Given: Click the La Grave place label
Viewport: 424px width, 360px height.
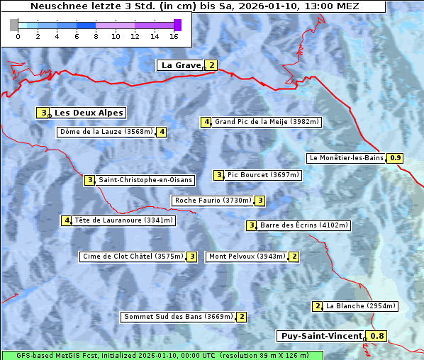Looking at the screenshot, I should pyautogui.click(x=181, y=65).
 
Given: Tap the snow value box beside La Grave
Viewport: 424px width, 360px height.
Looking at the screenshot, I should pyautogui.click(x=211, y=65).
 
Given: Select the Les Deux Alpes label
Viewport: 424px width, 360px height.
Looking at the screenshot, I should pyautogui.click(x=89, y=113).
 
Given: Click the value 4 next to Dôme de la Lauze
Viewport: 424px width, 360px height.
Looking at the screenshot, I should pyautogui.click(x=162, y=132).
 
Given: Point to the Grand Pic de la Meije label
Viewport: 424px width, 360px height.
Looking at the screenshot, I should pyautogui.click(x=267, y=122).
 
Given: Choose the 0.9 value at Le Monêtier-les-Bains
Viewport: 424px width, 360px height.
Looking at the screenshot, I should pyautogui.click(x=396, y=158).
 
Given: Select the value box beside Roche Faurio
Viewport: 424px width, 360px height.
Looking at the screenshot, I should pyautogui.click(x=260, y=201).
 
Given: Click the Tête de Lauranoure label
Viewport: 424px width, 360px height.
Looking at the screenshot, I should pyautogui.click(x=123, y=220).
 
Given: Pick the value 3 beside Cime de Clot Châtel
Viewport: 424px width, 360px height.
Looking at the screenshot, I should pyautogui.click(x=191, y=257).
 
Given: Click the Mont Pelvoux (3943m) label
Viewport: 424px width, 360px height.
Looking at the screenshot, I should pyautogui.click(x=247, y=257).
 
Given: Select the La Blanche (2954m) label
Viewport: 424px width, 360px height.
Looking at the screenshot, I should pyautogui.click(x=360, y=306).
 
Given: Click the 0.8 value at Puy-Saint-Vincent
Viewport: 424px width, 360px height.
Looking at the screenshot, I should pyautogui.click(x=378, y=336).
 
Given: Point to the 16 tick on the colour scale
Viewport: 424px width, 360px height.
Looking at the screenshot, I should pyautogui.click(x=174, y=36).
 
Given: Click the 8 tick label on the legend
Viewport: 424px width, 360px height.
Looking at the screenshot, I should pyautogui.click(x=96, y=36).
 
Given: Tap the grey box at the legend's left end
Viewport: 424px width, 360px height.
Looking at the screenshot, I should pyautogui.click(x=14, y=25).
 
